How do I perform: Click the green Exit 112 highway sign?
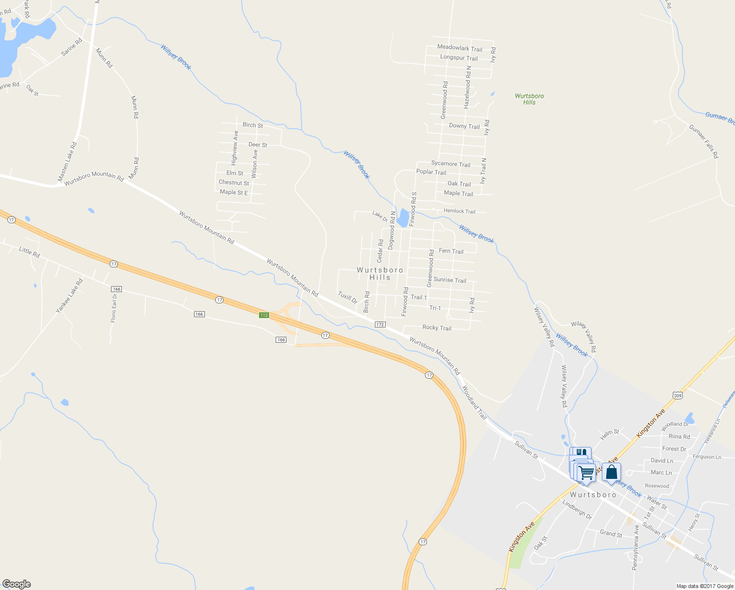pos(264,315)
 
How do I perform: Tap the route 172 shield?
pos(380,324)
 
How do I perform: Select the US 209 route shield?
pos(678,395)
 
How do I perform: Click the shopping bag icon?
pos(611,472)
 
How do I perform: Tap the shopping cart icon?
pos(586,473)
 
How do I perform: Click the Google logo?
pos(17,584)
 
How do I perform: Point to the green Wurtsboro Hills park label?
pos(529,99)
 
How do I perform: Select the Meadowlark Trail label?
pos(460,48)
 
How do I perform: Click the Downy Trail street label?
pos(464,126)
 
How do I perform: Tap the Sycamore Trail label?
pos(451,164)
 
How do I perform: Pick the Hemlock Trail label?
pos(459,211)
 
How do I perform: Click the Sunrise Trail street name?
pos(450,280)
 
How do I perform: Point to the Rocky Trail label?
pos(437,327)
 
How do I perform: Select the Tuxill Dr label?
pos(347,297)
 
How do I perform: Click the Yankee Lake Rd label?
pos(69,295)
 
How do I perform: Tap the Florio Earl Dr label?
pos(114,308)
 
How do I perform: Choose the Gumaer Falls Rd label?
pos(704,142)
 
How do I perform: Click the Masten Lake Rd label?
pos(68,162)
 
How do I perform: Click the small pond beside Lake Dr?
pos(403,218)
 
